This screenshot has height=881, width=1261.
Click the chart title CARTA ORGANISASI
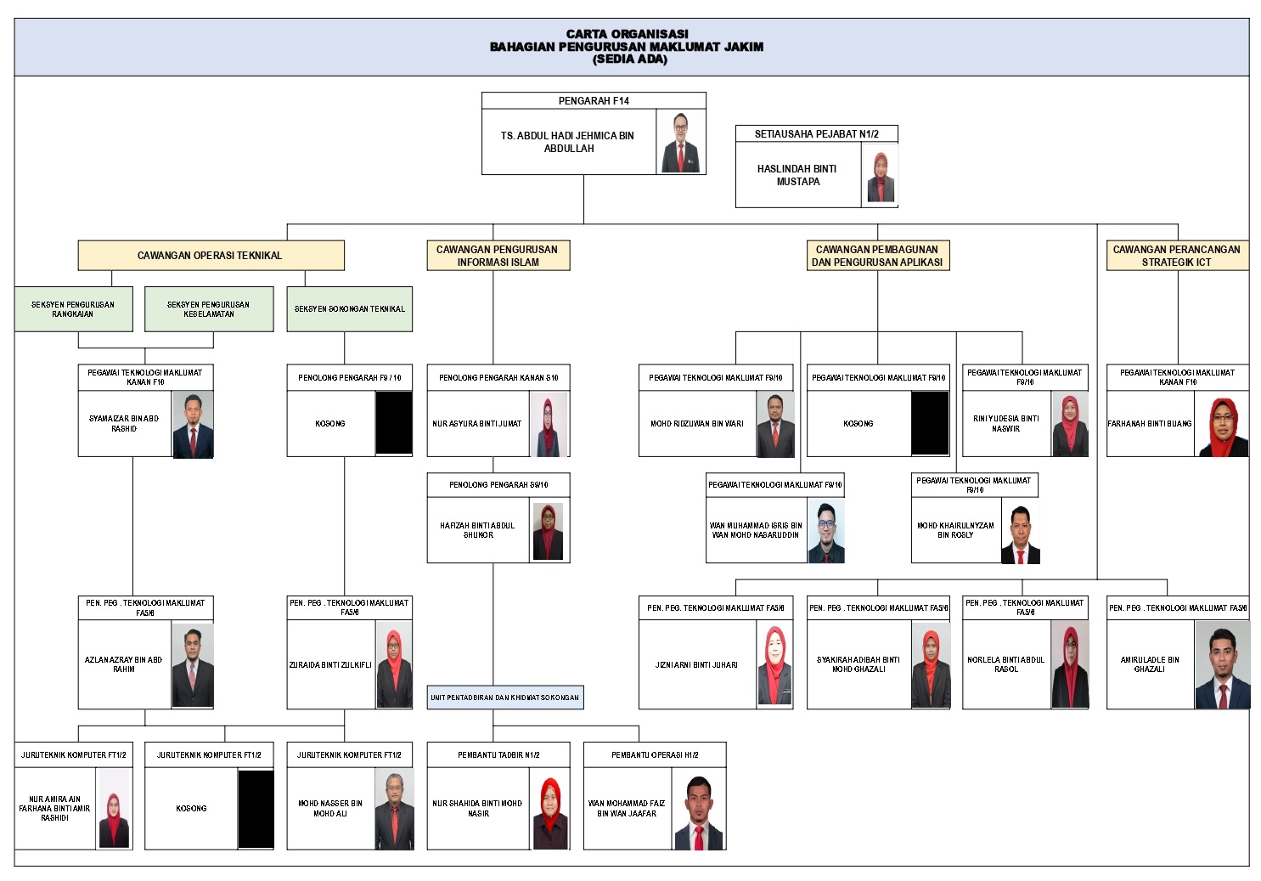point(627,34)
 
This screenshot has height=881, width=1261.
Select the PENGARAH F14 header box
point(594,100)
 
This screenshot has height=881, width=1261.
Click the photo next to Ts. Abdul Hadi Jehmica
point(681,143)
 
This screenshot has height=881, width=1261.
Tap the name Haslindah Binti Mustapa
point(797,175)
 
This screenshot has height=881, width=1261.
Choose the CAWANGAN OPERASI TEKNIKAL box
point(210,255)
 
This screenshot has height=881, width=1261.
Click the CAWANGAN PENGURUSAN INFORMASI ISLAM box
point(497,255)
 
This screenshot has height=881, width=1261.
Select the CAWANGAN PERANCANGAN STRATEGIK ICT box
point(1176,255)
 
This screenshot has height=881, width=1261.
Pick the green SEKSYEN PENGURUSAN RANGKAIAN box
point(73,308)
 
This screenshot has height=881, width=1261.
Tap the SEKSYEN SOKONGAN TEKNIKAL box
point(349,308)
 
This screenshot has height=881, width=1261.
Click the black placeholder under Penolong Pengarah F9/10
point(394,422)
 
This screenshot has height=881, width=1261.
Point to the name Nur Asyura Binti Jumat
point(476,423)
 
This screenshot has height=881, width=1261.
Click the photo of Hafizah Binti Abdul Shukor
point(548,531)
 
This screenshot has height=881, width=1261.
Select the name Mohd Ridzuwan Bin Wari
point(697,423)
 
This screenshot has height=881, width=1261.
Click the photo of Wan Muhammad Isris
point(825,532)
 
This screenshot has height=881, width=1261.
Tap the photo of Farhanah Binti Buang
point(1223,427)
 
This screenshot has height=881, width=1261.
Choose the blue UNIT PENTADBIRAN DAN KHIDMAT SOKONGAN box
point(504,697)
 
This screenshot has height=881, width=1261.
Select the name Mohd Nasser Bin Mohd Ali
point(330,808)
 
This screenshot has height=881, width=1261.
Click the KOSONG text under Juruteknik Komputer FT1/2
point(191,808)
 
